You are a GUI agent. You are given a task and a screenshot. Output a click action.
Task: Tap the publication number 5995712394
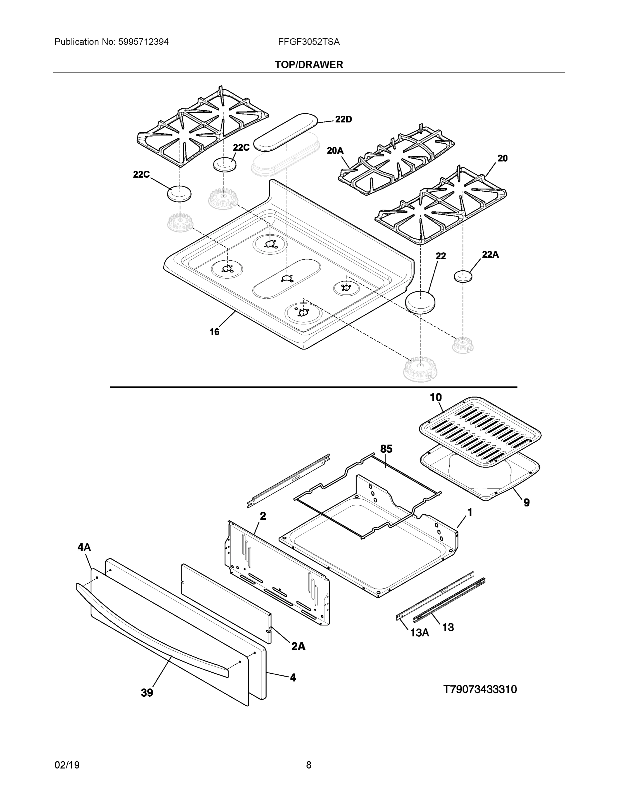point(143,42)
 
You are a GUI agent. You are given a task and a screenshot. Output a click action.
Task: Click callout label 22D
point(343,119)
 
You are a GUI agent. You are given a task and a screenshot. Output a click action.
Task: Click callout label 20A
point(335,151)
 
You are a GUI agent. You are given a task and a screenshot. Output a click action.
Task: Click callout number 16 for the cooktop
point(214,332)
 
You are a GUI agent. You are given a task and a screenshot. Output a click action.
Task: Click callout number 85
point(386,449)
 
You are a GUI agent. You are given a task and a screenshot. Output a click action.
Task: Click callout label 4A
point(84,547)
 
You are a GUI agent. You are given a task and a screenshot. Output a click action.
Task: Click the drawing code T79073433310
point(480,689)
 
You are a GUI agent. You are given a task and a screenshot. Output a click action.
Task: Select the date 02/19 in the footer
point(67,765)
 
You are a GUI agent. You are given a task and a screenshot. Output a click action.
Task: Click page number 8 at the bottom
point(309,765)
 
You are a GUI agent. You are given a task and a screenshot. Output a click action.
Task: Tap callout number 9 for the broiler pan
point(526,503)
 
